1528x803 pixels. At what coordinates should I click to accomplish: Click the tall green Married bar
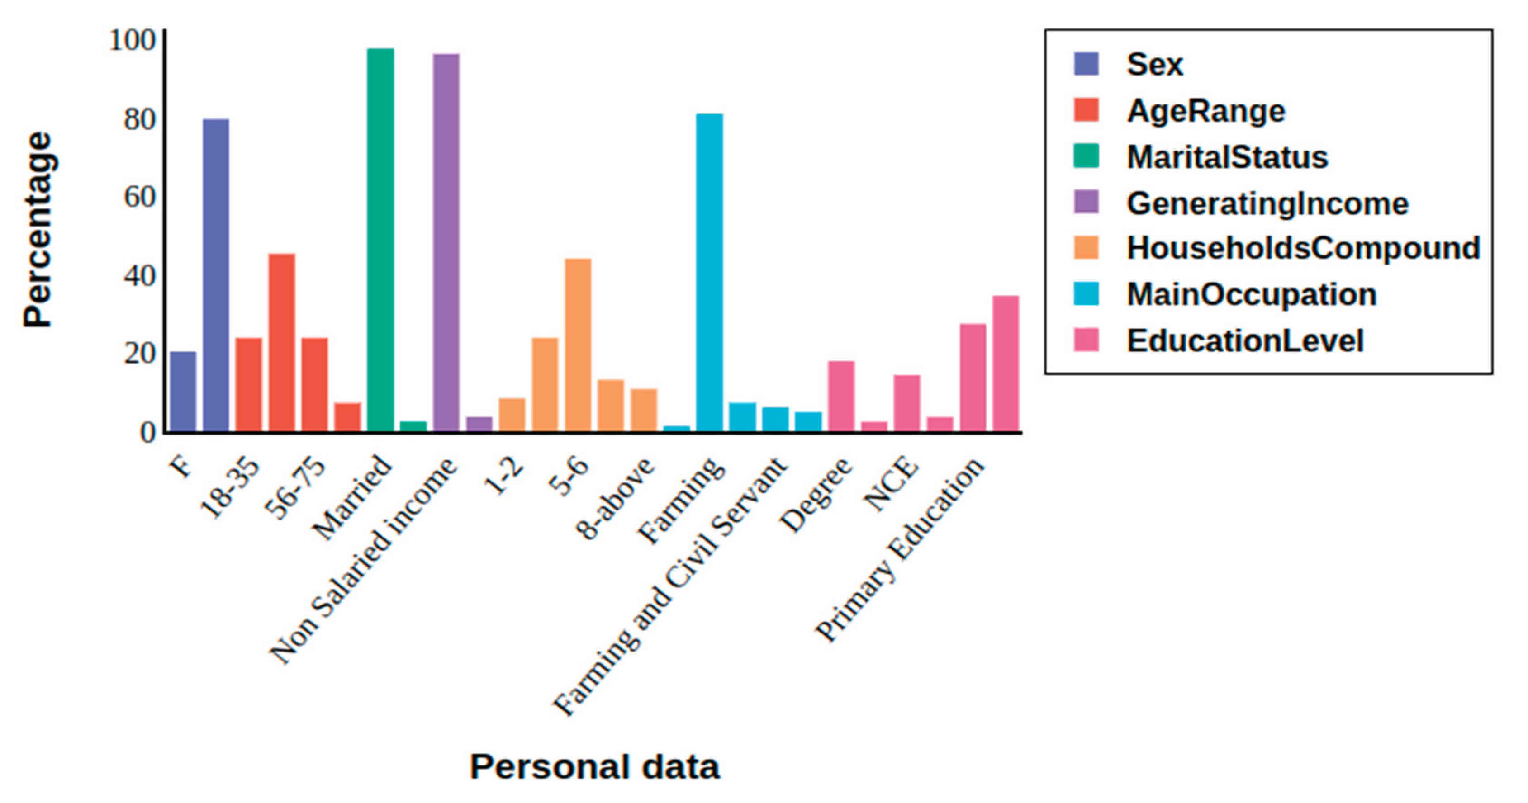tap(380, 240)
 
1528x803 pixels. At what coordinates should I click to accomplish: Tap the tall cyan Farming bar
tap(709, 272)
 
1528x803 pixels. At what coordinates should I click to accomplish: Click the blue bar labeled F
tap(183, 392)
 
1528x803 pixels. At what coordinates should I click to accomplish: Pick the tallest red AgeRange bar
tap(282, 342)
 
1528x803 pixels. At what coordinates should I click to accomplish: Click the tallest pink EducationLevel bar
tap(1006, 363)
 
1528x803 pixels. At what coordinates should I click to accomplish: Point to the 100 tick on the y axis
tap(132, 42)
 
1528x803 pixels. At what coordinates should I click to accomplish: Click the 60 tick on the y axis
tap(139, 198)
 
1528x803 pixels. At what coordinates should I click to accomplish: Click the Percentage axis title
tap(38, 230)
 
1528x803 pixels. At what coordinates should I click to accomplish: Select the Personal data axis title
tap(594, 766)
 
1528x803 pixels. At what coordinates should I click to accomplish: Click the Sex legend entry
tap(1154, 64)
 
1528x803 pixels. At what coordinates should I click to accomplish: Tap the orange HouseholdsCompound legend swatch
tap(1086, 248)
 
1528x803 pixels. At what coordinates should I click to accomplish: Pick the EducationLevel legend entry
tap(1244, 341)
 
